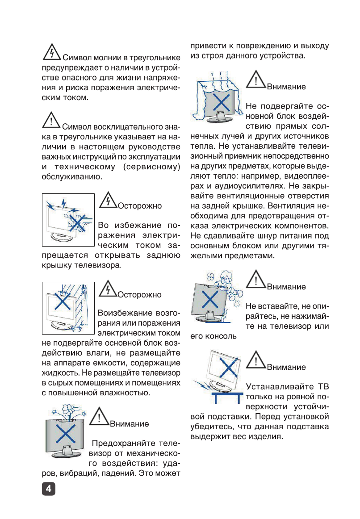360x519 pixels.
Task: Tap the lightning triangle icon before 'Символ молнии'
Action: (52, 53)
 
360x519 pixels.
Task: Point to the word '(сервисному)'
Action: (154, 167)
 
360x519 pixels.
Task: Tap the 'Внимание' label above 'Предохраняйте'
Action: (129, 424)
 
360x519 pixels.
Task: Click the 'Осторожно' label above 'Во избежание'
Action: (139, 206)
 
